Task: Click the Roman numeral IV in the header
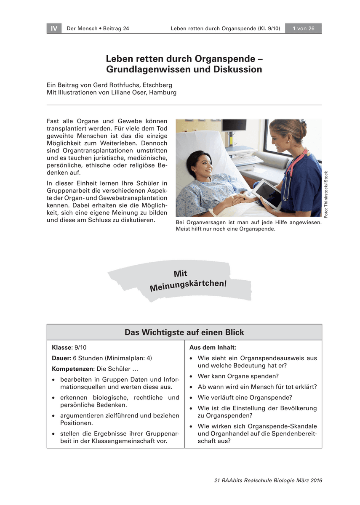(x=54, y=29)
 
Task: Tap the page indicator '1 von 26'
(x=303, y=29)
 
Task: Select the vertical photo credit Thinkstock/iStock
(x=326, y=194)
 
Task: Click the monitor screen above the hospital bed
(x=234, y=125)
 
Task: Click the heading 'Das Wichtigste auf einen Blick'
(x=184, y=332)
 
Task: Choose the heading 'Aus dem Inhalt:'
(x=213, y=348)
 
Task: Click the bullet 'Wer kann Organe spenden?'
(x=238, y=376)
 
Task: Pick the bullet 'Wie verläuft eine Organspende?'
(x=245, y=398)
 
